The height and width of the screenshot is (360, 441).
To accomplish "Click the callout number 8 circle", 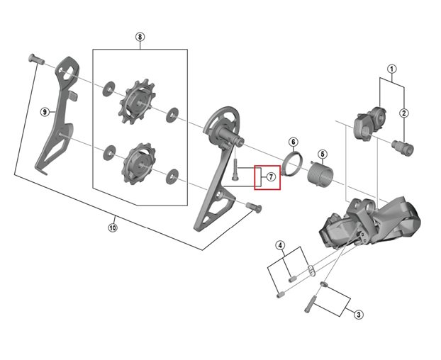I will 140,36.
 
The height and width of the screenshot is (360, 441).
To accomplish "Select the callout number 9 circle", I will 44,112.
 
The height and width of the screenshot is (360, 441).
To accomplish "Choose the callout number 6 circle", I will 294,142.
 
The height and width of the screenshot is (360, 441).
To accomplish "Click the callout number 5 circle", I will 321,154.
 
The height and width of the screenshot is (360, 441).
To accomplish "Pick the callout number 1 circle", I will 391,69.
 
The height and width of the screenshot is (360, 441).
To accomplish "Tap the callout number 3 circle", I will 359,314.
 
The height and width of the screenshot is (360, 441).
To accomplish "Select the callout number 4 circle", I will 280,246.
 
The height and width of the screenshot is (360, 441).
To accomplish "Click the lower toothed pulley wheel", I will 135,162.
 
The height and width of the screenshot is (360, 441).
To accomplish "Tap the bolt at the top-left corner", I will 36,62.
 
